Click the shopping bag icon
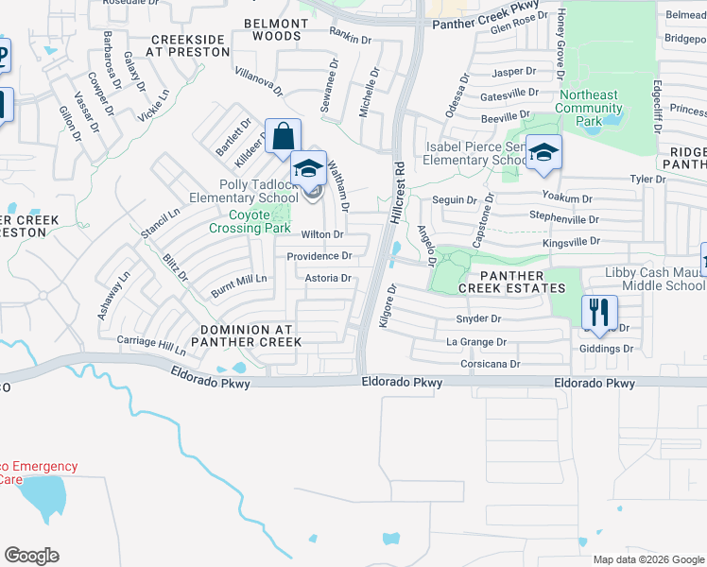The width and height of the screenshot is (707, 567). pyautogui.click(x=283, y=136)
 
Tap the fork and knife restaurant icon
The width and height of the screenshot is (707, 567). pyautogui.click(x=599, y=312)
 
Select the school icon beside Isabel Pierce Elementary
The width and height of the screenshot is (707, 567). pyautogui.click(x=544, y=152)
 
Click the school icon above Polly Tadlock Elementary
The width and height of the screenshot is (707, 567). pyautogui.click(x=308, y=168)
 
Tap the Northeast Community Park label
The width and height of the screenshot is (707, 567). pyautogui.click(x=589, y=108)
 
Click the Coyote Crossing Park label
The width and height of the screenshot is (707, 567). pyautogui.click(x=249, y=220)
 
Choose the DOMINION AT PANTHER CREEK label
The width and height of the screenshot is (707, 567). pyautogui.click(x=244, y=335)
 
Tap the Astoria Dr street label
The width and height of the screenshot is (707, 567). pyautogui.click(x=328, y=279)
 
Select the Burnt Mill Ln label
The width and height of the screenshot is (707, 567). pyautogui.click(x=239, y=280)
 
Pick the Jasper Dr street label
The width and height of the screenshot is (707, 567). pyautogui.click(x=514, y=72)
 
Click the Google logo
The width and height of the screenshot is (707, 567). pyautogui.click(x=31, y=555)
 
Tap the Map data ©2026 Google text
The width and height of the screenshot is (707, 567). pyautogui.click(x=648, y=559)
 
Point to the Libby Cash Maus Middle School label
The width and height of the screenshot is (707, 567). pyautogui.click(x=654, y=279)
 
